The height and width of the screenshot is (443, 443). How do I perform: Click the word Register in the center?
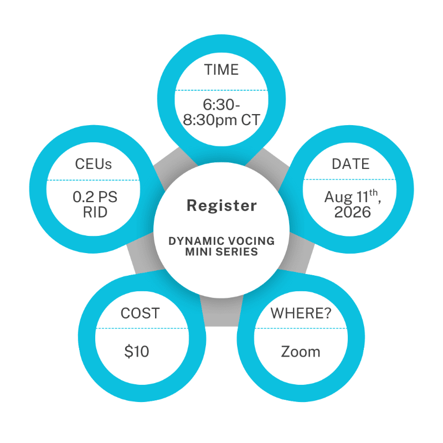pos(221,206)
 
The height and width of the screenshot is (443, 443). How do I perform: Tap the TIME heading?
pos(221,70)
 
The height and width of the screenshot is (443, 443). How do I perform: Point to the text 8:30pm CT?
pos(221,120)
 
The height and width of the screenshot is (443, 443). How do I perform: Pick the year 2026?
pos(353,212)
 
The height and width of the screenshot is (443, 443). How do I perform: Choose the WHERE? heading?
pos(301,313)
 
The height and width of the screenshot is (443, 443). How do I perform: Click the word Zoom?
pos(301,352)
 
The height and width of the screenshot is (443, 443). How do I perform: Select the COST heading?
pos(140,313)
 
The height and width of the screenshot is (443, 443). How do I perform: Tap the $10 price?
pos(137,352)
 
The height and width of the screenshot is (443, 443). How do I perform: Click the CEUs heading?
pos(94,164)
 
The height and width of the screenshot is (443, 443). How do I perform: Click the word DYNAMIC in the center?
pos(193,241)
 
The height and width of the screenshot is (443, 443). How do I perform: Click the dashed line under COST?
pos(140,328)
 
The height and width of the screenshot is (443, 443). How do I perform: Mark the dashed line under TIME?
pos(221,90)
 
